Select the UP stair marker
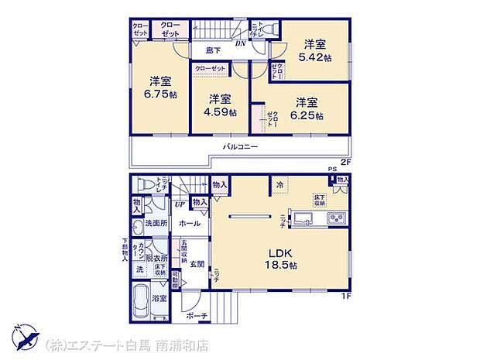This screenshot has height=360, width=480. (180, 204)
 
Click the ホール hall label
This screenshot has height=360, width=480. (189, 223)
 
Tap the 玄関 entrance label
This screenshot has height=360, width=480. (196, 264)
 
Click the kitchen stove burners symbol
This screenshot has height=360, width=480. (337, 216)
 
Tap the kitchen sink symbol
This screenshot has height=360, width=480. (300, 215)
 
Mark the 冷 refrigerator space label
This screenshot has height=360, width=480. (279, 184)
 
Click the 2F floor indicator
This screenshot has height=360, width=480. (346, 163)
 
